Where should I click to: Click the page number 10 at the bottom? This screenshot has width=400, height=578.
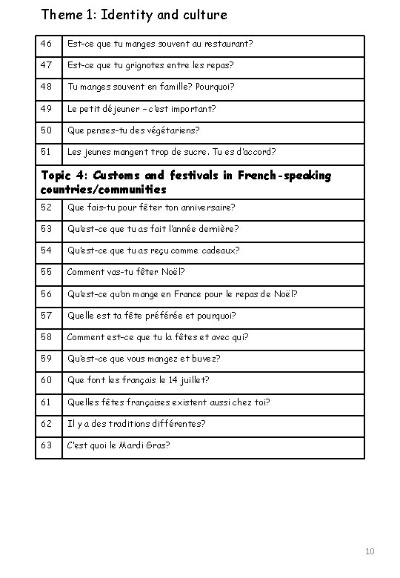point(370,552)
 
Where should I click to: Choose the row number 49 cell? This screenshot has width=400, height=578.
point(47,108)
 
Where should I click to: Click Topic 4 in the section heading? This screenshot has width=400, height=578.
point(61,176)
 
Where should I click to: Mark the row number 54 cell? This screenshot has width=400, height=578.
point(47,250)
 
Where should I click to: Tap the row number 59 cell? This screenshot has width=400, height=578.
point(47,359)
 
